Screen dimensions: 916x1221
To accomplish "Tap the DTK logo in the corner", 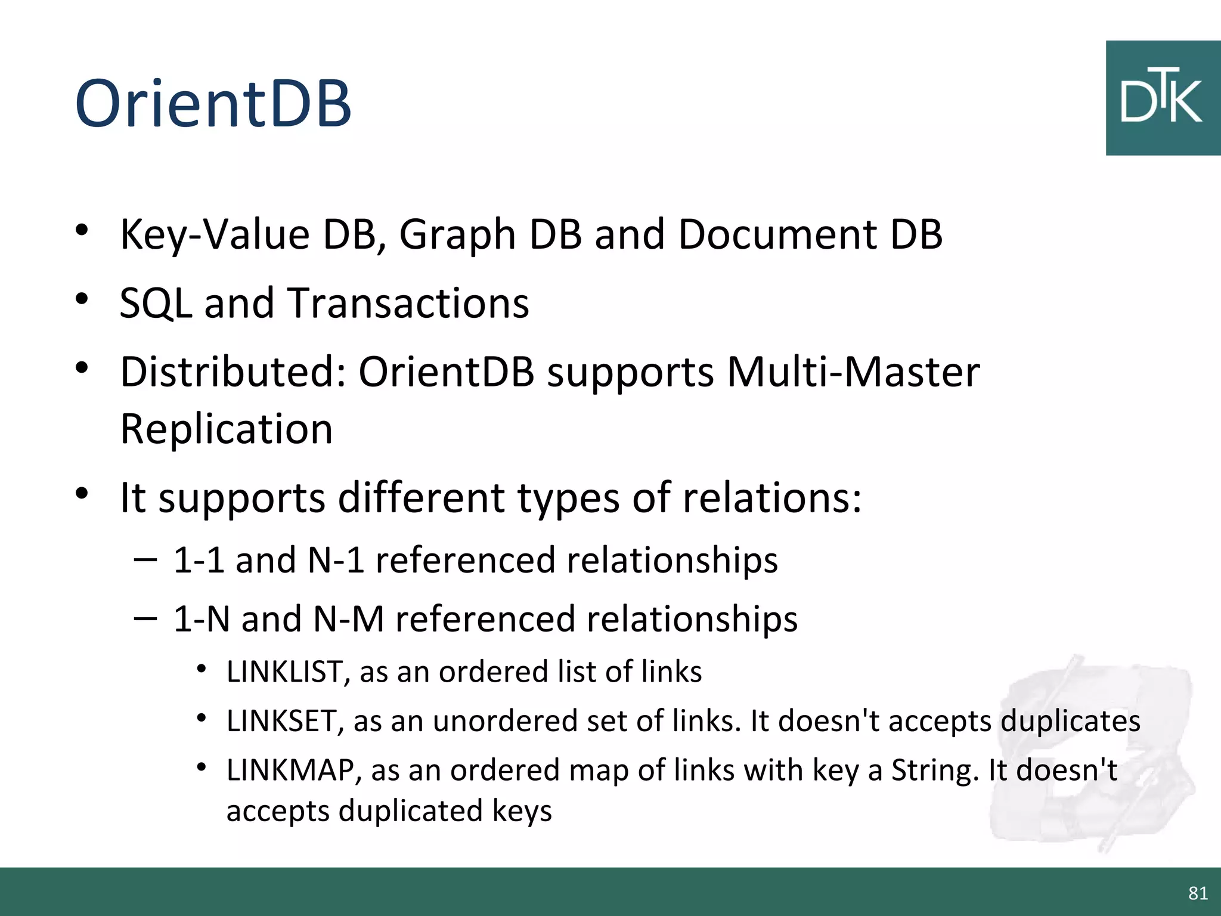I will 1162,98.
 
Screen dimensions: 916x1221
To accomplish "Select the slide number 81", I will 1198,893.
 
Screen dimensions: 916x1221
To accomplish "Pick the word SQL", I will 156,303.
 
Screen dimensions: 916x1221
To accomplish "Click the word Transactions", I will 408,303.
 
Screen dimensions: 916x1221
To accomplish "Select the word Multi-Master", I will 853,372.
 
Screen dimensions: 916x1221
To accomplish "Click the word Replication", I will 227,429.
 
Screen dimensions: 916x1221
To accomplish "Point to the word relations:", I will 772,497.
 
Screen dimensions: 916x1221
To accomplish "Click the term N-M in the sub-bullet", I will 349,618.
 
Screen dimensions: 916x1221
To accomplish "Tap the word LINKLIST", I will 284,671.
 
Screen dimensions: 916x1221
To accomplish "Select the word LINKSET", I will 281,720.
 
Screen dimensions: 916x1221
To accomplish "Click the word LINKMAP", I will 290,770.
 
